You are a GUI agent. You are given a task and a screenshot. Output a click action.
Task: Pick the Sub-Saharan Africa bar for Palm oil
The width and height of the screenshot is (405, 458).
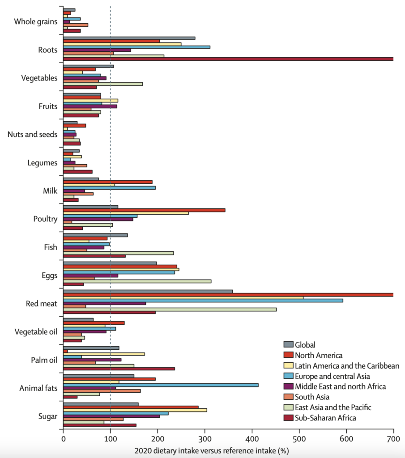[x=119, y=369]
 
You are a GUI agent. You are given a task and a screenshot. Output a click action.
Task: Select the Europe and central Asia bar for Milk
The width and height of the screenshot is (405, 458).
[x=109, y=187]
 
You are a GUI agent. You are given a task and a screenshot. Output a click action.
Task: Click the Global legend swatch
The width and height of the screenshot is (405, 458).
[x=289, y=344]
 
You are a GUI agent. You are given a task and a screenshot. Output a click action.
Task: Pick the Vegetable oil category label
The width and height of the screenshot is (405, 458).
[x=36, y=332]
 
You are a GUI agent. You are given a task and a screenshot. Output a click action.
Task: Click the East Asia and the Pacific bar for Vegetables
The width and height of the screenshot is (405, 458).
[x=102, y=84]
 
